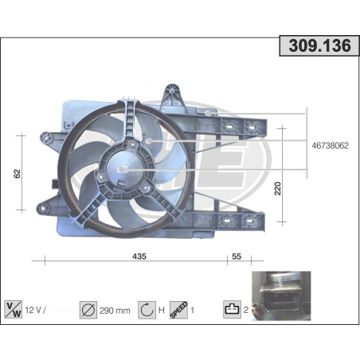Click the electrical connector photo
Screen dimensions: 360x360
click(x=280, y=295)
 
